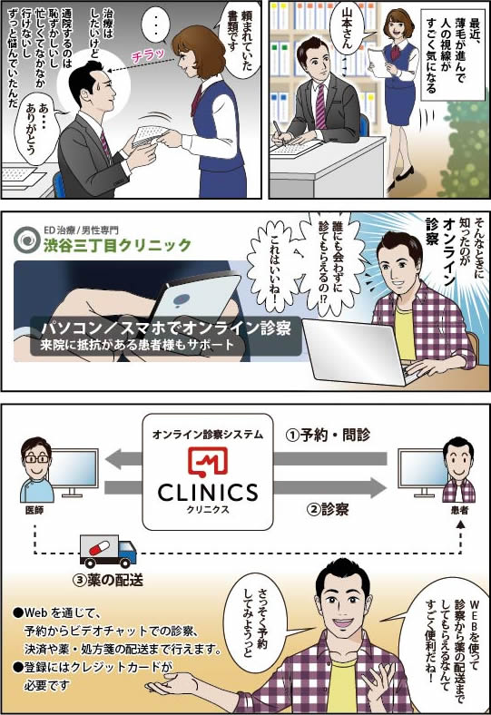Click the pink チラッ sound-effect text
pos(148,55)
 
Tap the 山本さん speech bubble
pos(349,29)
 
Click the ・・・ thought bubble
pos(156,26)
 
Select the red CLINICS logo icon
pos(208,461)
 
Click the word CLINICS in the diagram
pos(208,493)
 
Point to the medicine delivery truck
pos(108,551)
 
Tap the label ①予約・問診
pos(328,435)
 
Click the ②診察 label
pos(329,509)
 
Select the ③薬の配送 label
pos(109,580)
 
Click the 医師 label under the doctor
pos(34,511)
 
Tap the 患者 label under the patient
pos(459,511)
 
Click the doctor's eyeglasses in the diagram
pos(36,458)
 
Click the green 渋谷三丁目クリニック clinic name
pos(117,245)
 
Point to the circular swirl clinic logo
pos(27,240)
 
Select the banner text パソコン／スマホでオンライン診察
pos(166,328)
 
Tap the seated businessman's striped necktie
pos(320,105)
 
